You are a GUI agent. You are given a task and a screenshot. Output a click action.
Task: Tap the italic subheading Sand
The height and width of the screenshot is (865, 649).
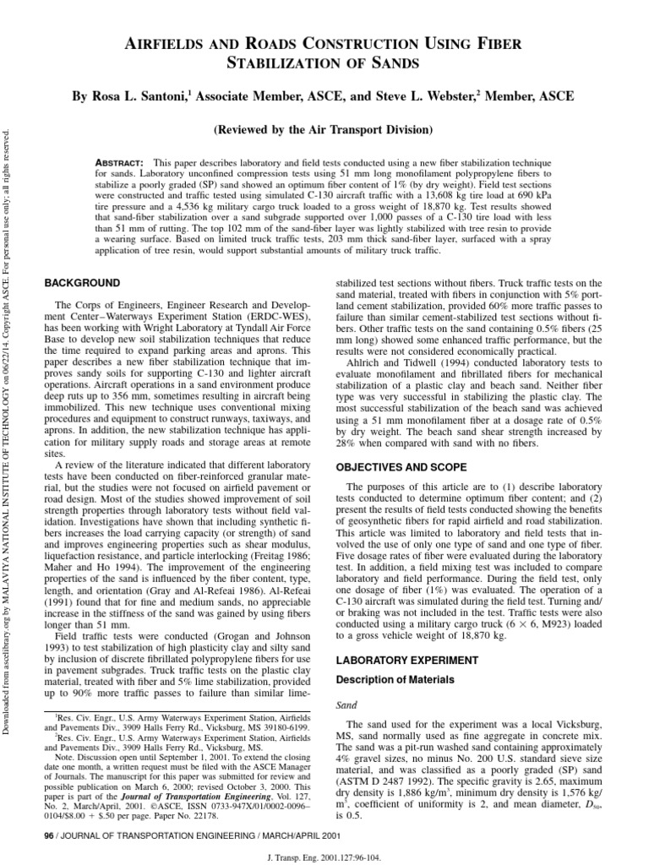pyautogui.click(x=346, y=702)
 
